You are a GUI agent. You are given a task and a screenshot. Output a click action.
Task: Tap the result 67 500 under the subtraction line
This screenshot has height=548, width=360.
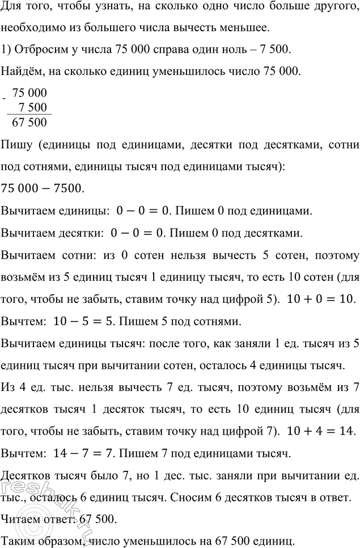(x=29, y=123)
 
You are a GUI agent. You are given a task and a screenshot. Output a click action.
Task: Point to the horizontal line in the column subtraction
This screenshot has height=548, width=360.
(x=28, y=115)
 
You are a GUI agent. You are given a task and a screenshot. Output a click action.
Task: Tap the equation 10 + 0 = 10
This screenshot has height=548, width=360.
(x=325, y=298)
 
